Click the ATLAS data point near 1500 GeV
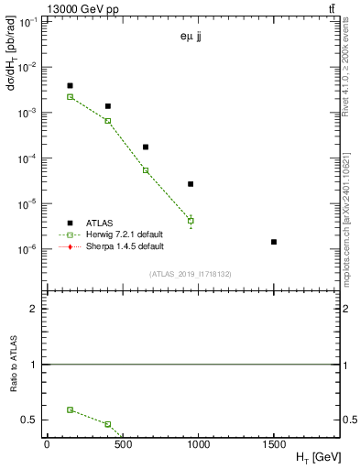click(274, 242)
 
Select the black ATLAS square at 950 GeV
click(191, 184)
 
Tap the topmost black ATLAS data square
click(70, 86)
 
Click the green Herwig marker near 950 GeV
click(191, 221)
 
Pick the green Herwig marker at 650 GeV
click(146, 170)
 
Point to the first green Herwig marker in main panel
click(70, 96)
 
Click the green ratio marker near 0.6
click(70, 409)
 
